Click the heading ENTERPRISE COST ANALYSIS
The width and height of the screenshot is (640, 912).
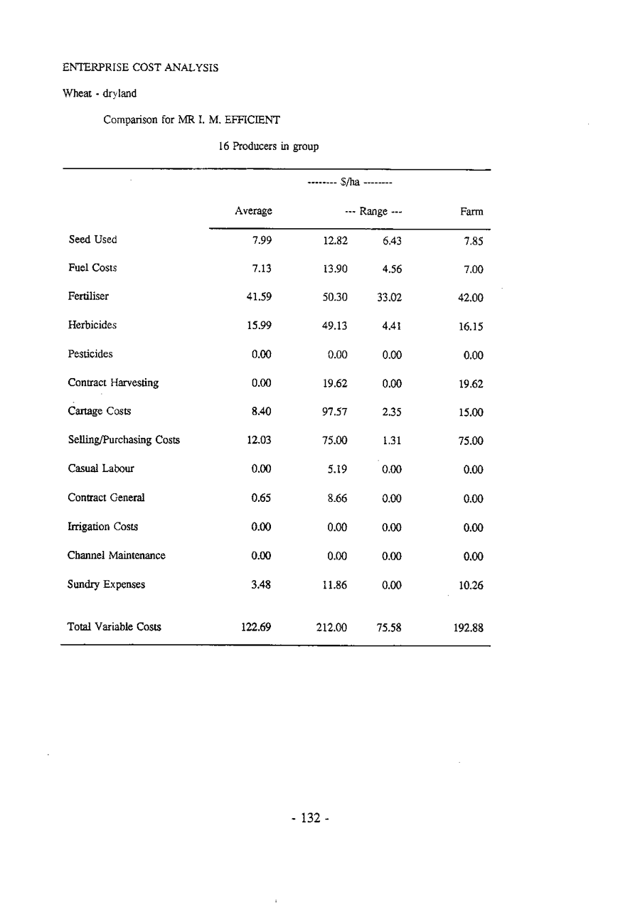click(140, 68)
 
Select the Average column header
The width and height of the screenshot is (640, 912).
click(254, 211)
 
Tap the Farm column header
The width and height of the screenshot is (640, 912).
click(471, 212)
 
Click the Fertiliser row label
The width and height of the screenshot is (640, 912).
click(88, 296)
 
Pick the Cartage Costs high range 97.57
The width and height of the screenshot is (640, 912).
click(334, 412)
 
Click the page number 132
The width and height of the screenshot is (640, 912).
click(306, 818)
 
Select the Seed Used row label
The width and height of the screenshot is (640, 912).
click(92, 240)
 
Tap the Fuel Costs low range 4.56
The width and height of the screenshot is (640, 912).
click(391, 269)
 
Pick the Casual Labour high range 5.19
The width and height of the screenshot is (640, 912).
click(337, 469)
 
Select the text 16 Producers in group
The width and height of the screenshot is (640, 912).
click(268, 147)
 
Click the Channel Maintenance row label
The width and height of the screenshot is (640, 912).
click(117, 555)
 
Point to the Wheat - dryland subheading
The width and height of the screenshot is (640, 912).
click(100, 94)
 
